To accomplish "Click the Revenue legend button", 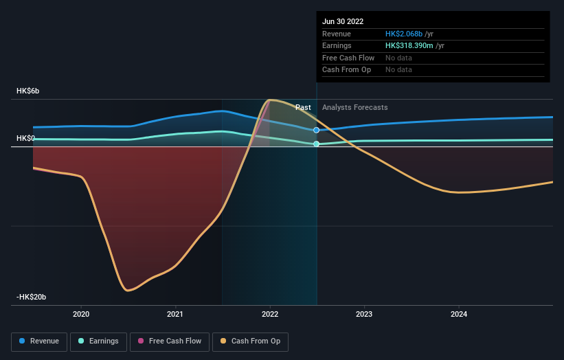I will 40,341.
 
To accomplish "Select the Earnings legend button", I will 98,341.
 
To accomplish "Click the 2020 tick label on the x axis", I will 81,314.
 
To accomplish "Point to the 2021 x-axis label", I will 175,314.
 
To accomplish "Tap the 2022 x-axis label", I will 270,314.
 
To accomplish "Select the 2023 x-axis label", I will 364,314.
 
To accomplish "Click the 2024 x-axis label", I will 459,314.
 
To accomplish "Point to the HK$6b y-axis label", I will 28,91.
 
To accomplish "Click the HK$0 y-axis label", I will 26,138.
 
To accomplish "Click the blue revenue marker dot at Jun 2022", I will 316,130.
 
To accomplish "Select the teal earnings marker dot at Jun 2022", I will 316,144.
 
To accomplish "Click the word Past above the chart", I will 303,107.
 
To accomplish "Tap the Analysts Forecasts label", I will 354,107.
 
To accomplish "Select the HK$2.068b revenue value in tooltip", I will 408,34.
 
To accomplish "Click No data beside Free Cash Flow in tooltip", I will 398,58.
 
